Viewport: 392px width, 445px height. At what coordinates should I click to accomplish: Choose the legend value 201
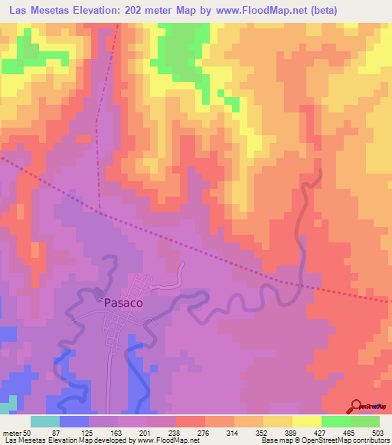[146, 434]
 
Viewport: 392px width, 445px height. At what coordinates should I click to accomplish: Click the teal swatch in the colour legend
[45, 421]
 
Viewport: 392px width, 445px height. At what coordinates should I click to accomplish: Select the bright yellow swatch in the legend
[307, 421]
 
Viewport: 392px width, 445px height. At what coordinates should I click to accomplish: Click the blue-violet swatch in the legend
[74, 421]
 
